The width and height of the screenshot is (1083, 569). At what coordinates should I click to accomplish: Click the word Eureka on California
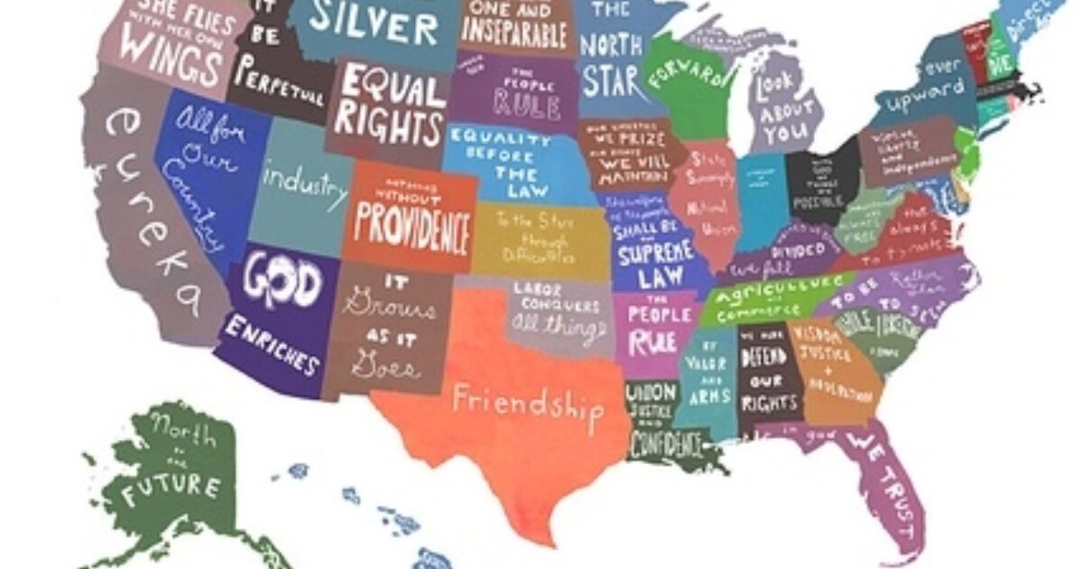pyautogui.click(x=150, y=208)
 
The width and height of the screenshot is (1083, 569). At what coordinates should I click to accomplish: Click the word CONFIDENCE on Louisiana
pyautogui.click(x=667, y=443)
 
